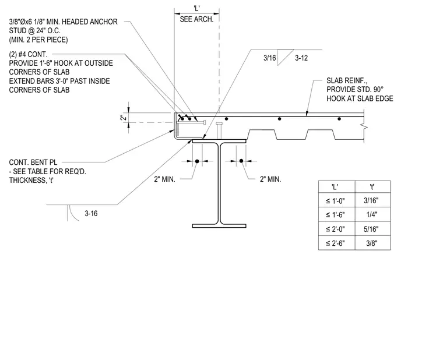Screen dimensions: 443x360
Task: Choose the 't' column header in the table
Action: coord(372,186)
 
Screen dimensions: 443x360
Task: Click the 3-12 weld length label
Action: coord(301,58)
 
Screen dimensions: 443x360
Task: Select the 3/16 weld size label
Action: coord(269,58)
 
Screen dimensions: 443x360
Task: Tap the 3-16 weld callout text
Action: coord(91,213)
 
